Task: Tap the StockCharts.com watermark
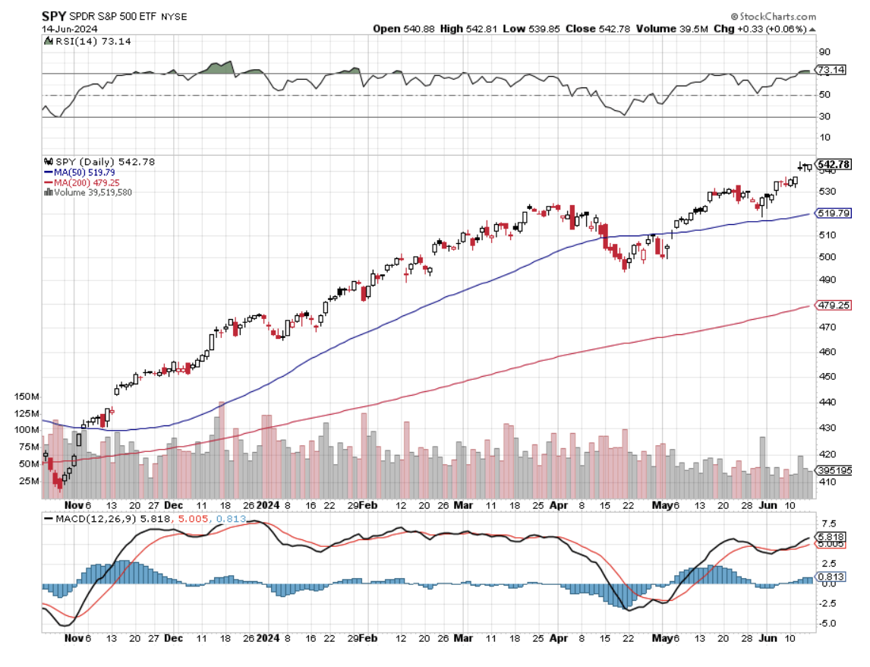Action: coord(775,16)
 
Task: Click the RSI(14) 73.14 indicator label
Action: coord(81,41)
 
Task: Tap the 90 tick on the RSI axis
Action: coord(823,52)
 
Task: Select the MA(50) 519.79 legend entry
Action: coord(87,172)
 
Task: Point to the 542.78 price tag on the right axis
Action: coord(833,164)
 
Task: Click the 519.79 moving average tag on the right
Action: coord(832,214)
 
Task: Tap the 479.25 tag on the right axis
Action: coord(832,305)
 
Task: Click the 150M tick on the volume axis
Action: coord(28,397)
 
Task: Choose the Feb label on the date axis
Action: coord(368,504)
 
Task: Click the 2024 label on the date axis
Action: coord(267,504)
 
